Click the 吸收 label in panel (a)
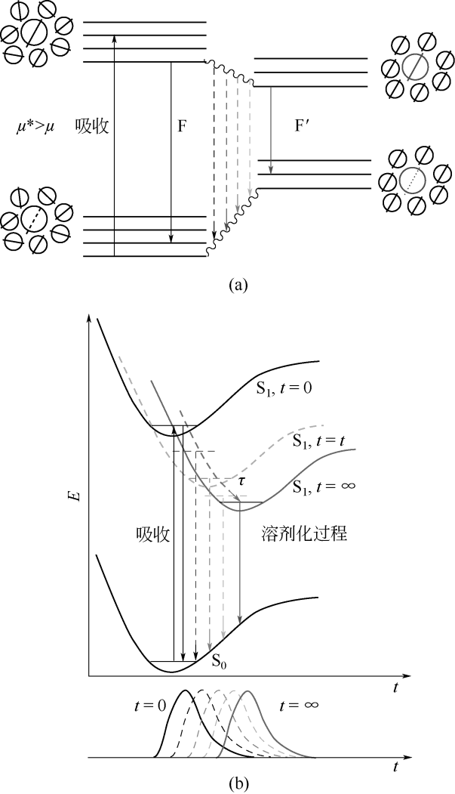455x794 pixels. tap(93, 125)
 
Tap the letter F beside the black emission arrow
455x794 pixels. tap(182, 125)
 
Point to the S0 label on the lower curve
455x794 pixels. tap(219, 664)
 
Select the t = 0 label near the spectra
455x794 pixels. tap(141, 705)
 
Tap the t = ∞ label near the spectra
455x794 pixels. tap(299, 705)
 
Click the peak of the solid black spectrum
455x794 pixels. tap(185, 692)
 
